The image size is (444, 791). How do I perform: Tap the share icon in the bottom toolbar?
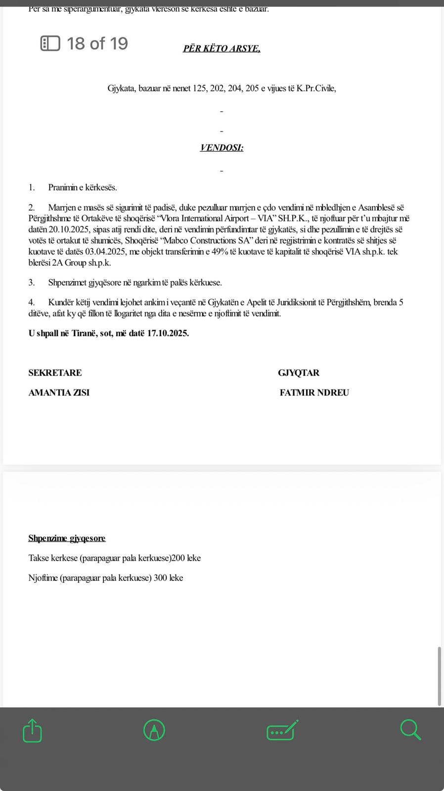tap(33, 730)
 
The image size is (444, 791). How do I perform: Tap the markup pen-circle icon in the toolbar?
tap(154, 730)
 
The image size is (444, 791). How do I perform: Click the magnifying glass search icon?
tap(410, 730)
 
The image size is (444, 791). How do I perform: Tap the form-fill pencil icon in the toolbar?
tap(282, 730)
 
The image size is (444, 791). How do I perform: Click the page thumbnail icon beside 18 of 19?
tap(50, 44)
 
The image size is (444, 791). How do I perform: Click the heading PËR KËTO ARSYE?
tap(222, 48)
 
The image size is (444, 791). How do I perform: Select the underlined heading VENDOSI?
tap(222, 148)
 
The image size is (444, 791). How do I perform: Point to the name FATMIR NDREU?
tap(314, 393)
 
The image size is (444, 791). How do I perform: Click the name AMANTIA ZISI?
tap(59, 393)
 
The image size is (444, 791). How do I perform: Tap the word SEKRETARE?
tap(55, 373)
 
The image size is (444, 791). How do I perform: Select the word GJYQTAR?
tap(299, 373)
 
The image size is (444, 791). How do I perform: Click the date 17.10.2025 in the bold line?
tap(168, 333)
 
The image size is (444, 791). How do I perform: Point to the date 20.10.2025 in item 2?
tap(69, 229)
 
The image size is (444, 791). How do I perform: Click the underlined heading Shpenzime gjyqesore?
tap(67, 538)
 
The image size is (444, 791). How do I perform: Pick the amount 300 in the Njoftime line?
tap(160, 578)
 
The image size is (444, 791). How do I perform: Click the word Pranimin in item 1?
tap(63, 187)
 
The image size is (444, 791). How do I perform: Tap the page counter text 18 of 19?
tap(97, 44)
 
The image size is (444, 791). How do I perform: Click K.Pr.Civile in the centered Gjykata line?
tap(316, 88)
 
